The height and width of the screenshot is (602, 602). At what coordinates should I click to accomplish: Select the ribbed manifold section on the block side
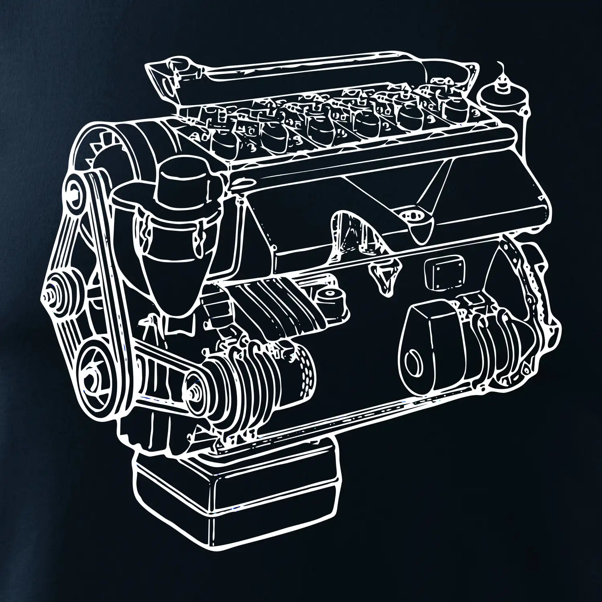pyautogui.click(x=273, y=309)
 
